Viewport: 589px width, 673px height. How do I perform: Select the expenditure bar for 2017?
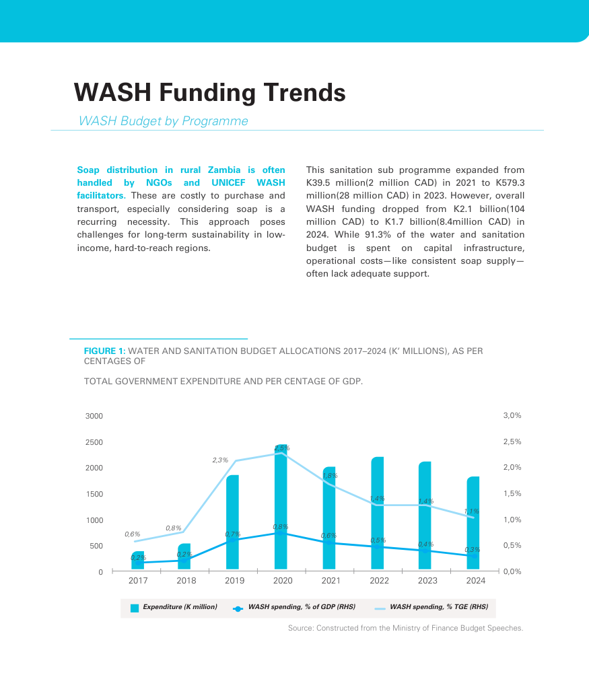pos(137,561)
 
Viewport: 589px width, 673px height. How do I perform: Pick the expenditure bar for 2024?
pos(473,525)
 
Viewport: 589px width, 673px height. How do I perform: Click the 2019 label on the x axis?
pos(234,581)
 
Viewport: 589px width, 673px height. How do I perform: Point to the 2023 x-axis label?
pos(427,581)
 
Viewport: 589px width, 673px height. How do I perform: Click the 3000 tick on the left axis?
pos(94,416)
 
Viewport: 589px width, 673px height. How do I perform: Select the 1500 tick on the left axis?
pos(94,494)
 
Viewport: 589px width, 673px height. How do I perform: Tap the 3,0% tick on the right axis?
pos(512,416)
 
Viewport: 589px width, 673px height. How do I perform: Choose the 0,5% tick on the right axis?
pos(512,546)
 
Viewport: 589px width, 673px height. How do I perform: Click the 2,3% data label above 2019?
pos(220,460)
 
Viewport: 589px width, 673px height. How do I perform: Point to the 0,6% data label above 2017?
pos(132,534)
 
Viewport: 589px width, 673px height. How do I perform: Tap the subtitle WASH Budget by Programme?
pos(163,121)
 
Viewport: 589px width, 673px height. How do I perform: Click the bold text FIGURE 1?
pos(104,351)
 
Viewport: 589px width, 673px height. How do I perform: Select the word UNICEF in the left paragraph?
pos(228,183)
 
